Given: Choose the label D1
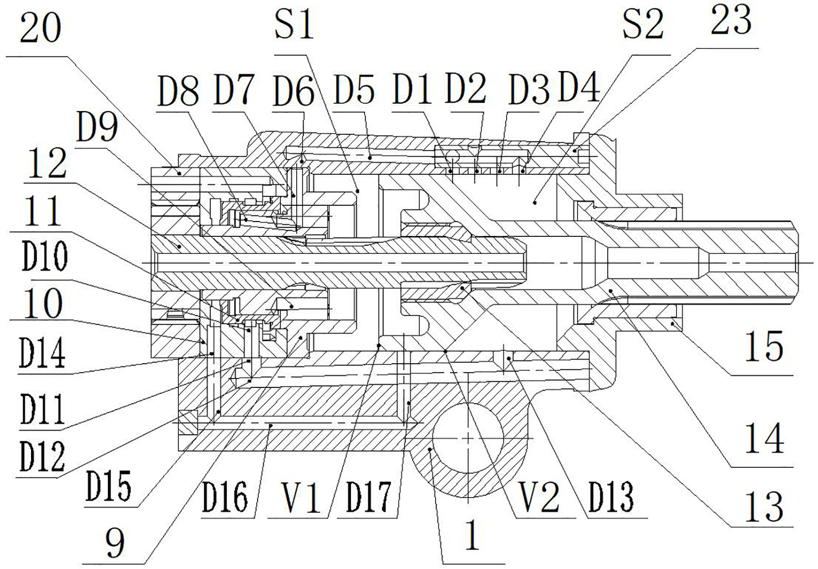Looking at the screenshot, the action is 412,89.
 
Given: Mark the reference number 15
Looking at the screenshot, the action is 764,347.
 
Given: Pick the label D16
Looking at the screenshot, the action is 226,497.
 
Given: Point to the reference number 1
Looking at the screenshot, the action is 472,537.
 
